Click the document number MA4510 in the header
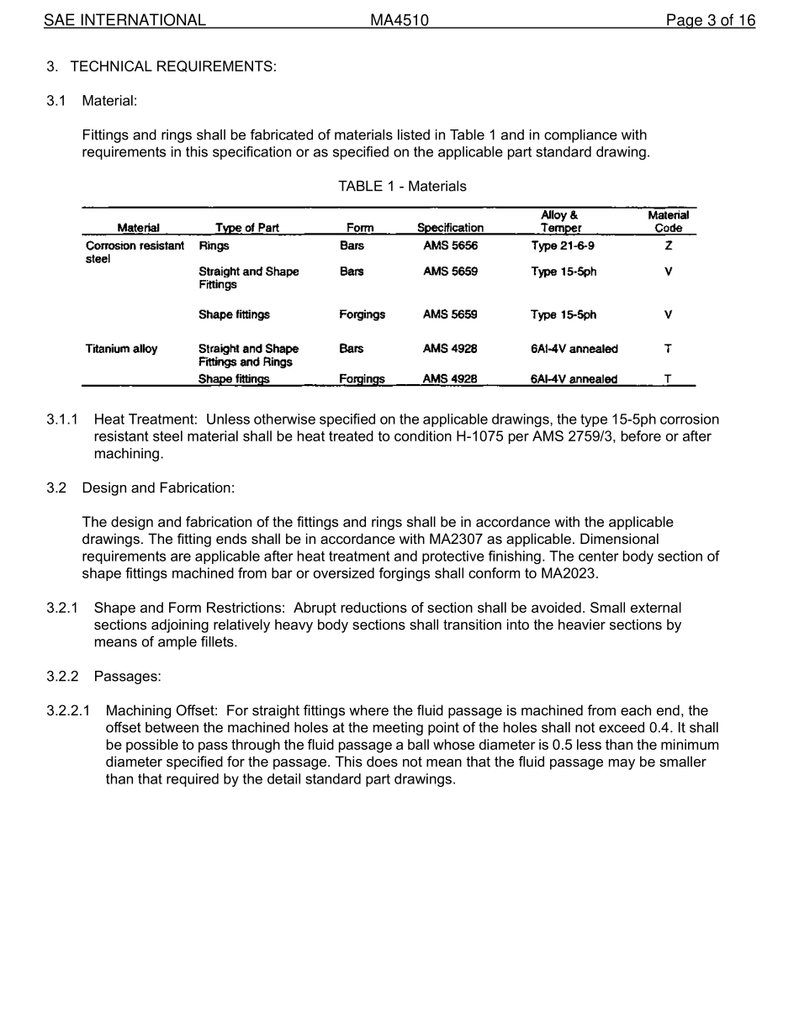399,20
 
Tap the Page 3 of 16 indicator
710,20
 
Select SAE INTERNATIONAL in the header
124,20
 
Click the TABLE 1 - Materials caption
402,186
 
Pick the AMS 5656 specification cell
450,246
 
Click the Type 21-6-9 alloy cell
563,246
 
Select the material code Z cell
668,246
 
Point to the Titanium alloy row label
121,349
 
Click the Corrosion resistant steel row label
135,252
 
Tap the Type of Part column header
246,228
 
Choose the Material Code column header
668,222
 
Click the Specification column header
450,228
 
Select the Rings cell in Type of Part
214,246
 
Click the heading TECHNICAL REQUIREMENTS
172,66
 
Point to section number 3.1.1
62,419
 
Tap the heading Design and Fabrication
158,488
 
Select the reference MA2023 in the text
571,574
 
